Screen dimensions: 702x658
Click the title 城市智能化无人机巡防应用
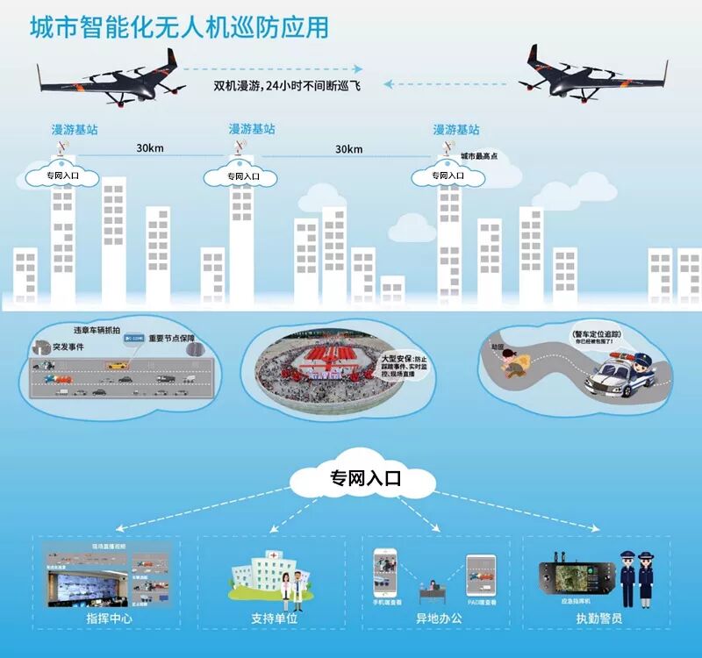(x=179, y=27)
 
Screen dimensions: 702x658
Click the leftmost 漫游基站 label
(x=75, y=129)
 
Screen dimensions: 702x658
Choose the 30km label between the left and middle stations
(x=149, y=148)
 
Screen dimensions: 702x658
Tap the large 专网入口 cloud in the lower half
(x=365, y=479)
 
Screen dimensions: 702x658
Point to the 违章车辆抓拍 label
(x=97, y=331)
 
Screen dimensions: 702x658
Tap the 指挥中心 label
(x=109, y=619)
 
